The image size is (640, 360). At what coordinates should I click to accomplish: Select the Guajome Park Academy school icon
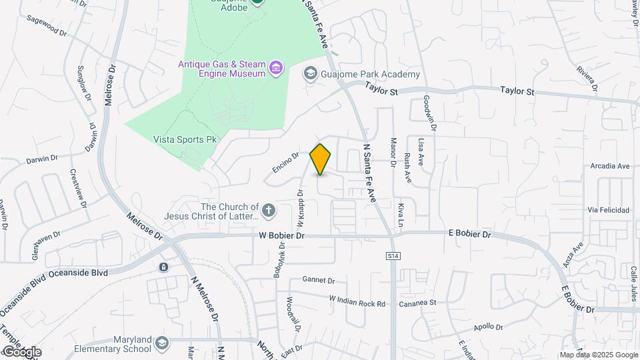tap(310, 73)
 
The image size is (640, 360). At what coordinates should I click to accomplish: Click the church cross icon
tap(268, 211)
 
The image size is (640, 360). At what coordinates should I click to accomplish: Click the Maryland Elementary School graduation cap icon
tap(161, 343)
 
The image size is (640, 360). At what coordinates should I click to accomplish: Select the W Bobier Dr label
tap(282, 235)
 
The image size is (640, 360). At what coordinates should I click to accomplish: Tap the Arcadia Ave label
tap(609, 165)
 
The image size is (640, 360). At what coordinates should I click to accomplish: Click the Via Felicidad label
tap(608, 209)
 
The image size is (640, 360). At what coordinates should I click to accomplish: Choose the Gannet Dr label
tap(318, 279)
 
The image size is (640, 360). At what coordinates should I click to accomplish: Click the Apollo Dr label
tap(488, 326)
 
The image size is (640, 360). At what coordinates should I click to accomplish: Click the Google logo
tap(21, 351)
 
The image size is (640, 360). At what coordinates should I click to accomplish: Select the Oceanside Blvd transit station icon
tap(163, 267)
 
